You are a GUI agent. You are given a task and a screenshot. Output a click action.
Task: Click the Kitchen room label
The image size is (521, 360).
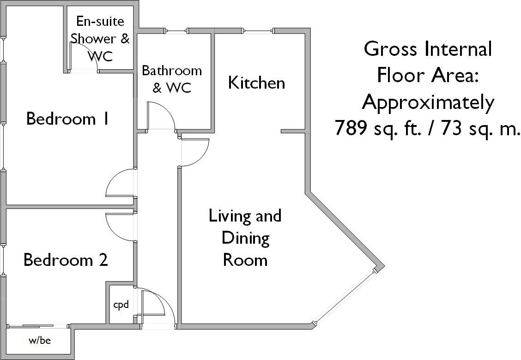coord(256,83)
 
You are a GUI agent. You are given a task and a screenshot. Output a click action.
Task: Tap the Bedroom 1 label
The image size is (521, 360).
coord(67,119)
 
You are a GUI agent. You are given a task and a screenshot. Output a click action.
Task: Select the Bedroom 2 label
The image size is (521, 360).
coord(66,260)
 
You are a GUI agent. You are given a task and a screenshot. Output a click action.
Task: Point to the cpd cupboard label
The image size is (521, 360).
coord(121,305)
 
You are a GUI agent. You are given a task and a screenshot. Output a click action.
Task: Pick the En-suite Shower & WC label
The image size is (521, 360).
coord(100,39)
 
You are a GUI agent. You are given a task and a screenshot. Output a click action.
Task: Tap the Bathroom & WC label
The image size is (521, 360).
coord(172,79)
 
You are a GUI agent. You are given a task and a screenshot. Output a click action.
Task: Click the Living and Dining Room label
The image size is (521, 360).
coord(245,238)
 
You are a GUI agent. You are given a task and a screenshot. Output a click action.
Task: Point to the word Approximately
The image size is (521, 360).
coord(428,102)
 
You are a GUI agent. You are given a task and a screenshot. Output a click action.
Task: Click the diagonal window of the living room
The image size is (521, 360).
coord(345,297)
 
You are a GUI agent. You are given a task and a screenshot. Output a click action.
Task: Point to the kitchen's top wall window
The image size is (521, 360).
coord(259,31)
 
